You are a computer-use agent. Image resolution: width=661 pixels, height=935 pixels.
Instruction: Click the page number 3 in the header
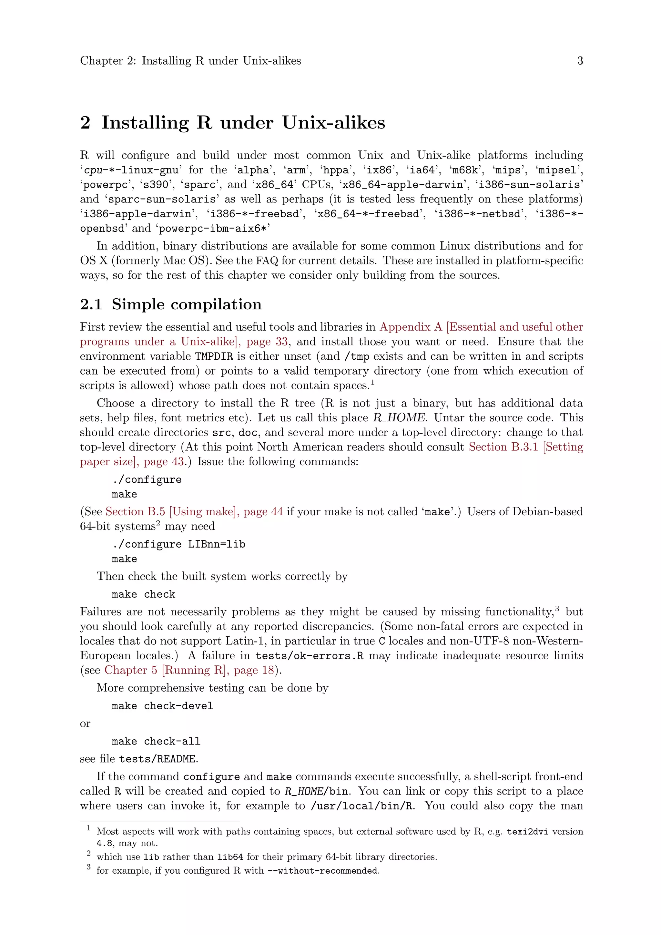580,61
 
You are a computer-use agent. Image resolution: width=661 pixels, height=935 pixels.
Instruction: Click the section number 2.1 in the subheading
91,304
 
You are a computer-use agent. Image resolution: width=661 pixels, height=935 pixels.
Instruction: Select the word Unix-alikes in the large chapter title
333,123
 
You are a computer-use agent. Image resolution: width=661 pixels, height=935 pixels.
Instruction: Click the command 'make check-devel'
162,706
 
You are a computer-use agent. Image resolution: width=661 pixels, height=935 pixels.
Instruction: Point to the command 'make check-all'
156,741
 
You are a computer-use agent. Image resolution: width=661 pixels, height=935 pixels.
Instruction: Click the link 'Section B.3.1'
503,447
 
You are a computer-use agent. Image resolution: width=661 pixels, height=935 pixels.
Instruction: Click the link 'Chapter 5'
131,670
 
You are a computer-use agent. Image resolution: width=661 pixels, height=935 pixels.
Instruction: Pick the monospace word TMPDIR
214,356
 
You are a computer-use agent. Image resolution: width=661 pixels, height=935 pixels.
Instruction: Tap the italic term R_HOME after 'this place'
399,418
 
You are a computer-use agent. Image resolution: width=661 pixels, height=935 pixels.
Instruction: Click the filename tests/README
158,759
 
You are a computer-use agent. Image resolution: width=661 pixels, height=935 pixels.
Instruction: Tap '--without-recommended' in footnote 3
323,871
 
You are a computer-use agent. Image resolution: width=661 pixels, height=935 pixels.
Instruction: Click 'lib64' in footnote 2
230,857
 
